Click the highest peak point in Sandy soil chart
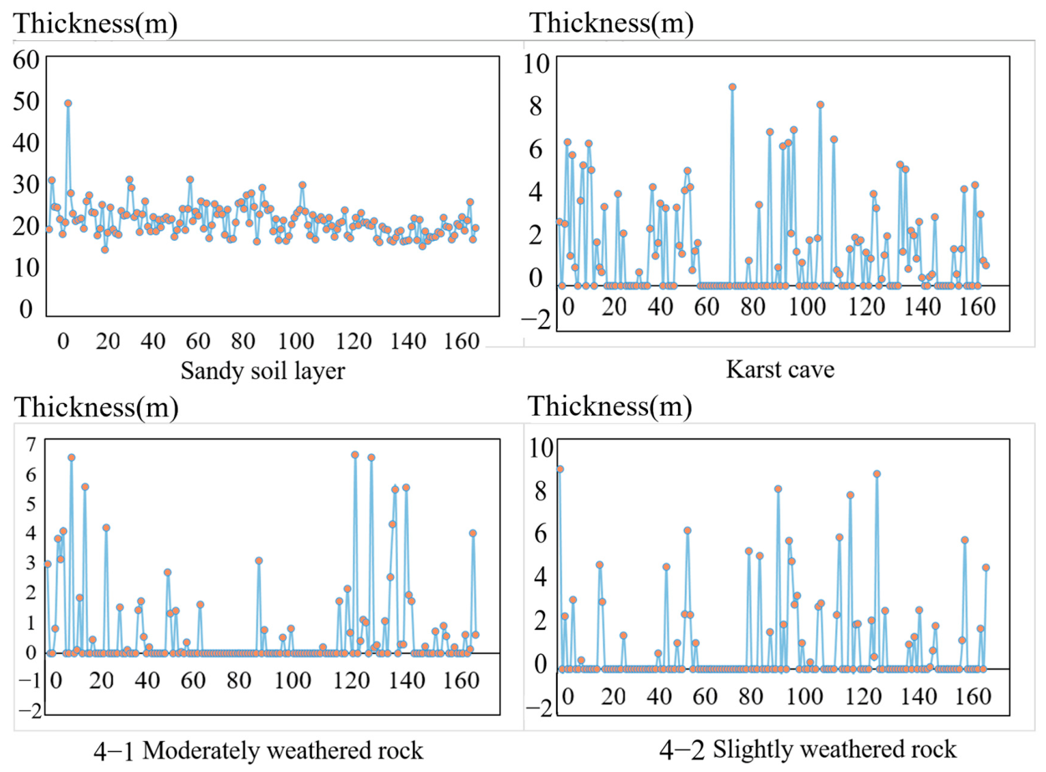click(68, 104)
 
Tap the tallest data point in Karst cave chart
click(732, 87)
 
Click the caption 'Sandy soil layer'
click(263, 371)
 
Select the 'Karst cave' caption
click(780, 369)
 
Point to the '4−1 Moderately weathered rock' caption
click(258, 750)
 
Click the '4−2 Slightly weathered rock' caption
click(808, 749)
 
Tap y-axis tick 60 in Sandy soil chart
click(26, 60)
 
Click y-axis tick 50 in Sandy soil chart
click(26, 101)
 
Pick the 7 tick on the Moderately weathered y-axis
click(31, 444)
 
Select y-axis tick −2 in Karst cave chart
click(536, 320)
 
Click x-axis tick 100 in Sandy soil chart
click(296, 341)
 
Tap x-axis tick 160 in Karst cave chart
click(977, 307)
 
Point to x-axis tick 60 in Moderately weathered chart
click(193, 681)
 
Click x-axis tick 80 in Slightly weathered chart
click(751, 697)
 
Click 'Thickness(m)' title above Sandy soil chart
click(94, 23)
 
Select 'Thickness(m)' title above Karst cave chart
click(612, 23)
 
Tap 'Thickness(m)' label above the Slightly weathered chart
click(610, 406)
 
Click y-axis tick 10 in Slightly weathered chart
click(541, 447)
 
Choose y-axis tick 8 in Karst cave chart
click(536, 105)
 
